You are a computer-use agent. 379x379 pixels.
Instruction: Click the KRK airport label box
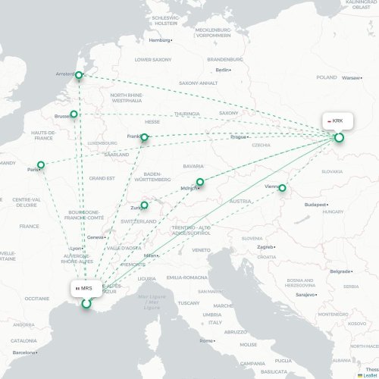(x=334, y=121)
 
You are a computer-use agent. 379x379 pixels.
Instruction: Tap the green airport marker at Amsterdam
(x=79, y=74)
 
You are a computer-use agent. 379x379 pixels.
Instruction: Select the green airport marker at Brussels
(x=74, y=114)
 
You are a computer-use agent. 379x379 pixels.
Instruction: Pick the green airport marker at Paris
(x=41, y=164)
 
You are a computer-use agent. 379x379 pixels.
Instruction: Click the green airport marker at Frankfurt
(x=144, y=138)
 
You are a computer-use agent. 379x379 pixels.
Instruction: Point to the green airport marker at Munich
(x=200, y=182)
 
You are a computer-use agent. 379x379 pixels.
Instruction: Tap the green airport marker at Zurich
(x=144, y=205)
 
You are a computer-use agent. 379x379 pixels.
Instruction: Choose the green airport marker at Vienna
(x=282, y=187)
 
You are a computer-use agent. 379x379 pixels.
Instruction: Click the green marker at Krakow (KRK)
(x=339, y=137)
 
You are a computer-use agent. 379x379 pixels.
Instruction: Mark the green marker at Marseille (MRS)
(x=86, y=304)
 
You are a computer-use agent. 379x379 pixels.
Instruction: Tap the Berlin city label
(x=222, y=70)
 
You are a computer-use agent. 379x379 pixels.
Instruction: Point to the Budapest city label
(x=315, y=205)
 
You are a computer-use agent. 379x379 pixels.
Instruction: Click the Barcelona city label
(x=24, y=353)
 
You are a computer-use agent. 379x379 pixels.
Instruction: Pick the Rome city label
(x=205, y=340)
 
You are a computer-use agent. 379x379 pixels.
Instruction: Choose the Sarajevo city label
(x=305, y=293)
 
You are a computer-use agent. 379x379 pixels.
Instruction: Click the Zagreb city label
(x=265, y=246)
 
